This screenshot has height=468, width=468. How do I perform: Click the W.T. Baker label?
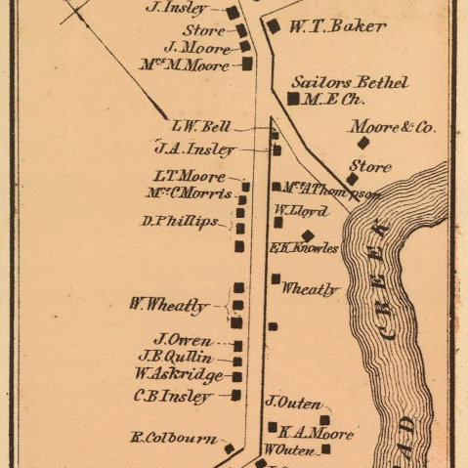tap(337, 26)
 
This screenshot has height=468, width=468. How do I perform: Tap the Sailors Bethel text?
tap(349, 83)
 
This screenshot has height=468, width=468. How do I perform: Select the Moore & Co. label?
tap(393, 127)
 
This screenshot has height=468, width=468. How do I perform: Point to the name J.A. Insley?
tap(195, 149)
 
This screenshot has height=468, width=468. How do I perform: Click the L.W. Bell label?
tap(200, 126)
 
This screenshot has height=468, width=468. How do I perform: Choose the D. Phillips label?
tap(180, 222)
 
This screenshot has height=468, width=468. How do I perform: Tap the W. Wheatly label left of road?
tap(168, 305)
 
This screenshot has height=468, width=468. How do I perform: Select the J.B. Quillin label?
tap(175, 357)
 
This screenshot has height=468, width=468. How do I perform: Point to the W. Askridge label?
tap(179, 374)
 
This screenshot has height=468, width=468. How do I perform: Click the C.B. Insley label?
tap(173, 397)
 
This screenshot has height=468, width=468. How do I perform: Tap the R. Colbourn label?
tap(174, 439)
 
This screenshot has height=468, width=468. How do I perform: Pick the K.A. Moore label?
tap(316, 433)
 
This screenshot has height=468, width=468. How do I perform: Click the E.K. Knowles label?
tap(304, 248)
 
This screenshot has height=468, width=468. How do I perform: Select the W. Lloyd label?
tap(300, 210)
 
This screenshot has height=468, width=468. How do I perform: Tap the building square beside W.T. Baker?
tap(275, 26)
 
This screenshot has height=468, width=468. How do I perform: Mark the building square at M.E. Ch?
tap(293, 99)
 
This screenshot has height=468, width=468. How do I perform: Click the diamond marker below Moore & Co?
tap(363, 143)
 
